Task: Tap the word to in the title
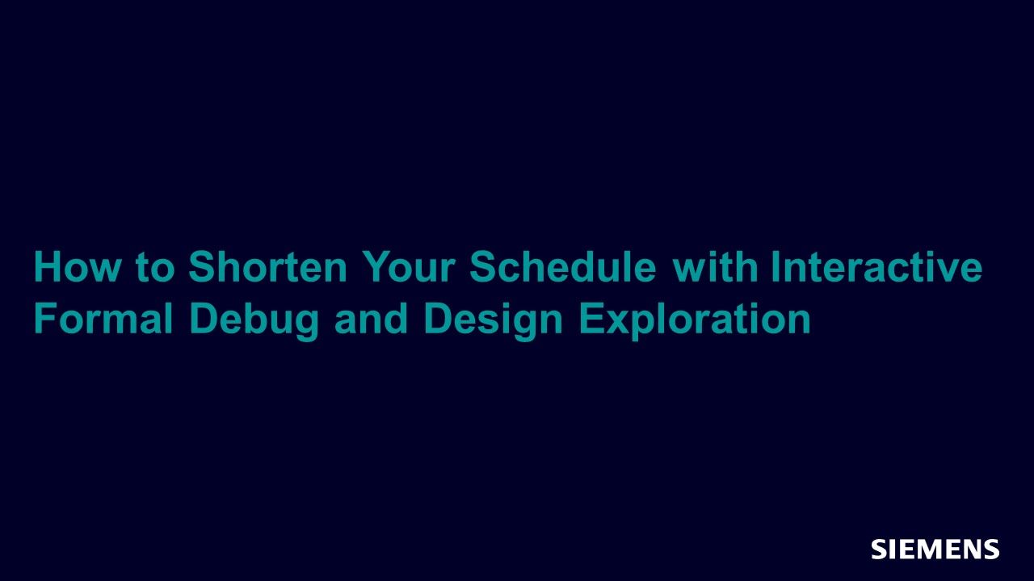pos(155,267)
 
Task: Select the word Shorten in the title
pos(267,266)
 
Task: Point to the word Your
pos(409,266)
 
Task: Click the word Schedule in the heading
pos(563,266)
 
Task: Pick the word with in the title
pos(715,266)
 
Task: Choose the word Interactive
pos(876,266)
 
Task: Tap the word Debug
pos(254,321)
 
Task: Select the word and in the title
pos(371,318)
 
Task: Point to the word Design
pos(493,321)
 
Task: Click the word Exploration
pos(695,321)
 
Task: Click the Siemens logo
pos(935,549)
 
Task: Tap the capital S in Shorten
pos(203,266)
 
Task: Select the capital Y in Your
pos(375,266)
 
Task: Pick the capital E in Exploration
pos(593,318)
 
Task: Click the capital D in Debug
pos(204,318)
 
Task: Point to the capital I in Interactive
pos(775,266)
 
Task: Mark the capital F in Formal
pos(46,318)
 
